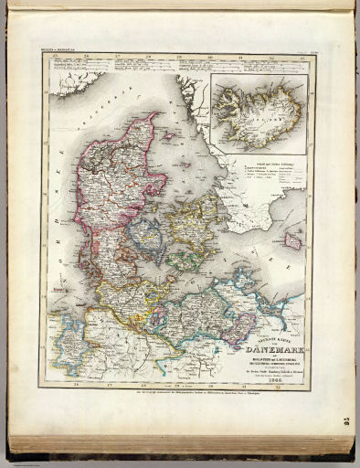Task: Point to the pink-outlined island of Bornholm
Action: (x=294, y=240)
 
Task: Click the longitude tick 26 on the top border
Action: (x=88, y=58)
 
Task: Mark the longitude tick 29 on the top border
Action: (x=179, y=58)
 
